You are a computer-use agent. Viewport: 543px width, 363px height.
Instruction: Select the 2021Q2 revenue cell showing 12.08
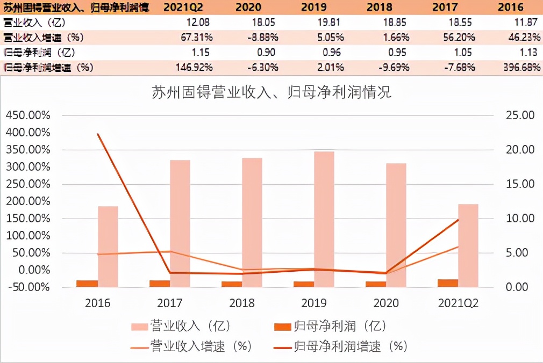click(x=198, y=22)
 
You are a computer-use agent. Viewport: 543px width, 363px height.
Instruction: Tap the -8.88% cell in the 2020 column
click(x=264, y=38)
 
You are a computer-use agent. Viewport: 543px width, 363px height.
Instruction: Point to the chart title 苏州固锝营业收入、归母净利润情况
click(x=272, y=92)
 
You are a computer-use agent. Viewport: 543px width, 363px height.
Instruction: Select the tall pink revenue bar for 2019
click(x=324, y=219)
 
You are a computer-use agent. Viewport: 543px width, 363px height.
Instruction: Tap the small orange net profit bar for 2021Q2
click(x=448, y=282)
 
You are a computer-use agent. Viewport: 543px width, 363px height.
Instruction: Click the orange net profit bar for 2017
click(x=160, y=283)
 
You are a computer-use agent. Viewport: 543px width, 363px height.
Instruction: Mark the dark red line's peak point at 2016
click(x=98, y=134)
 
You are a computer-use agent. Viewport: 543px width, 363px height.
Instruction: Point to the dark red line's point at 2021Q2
click(x=458, y=220)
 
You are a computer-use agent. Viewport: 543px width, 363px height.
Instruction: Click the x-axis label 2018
click(x=242, y=303)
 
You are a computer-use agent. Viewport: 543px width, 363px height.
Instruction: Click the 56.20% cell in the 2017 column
click(x=459, y=38)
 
